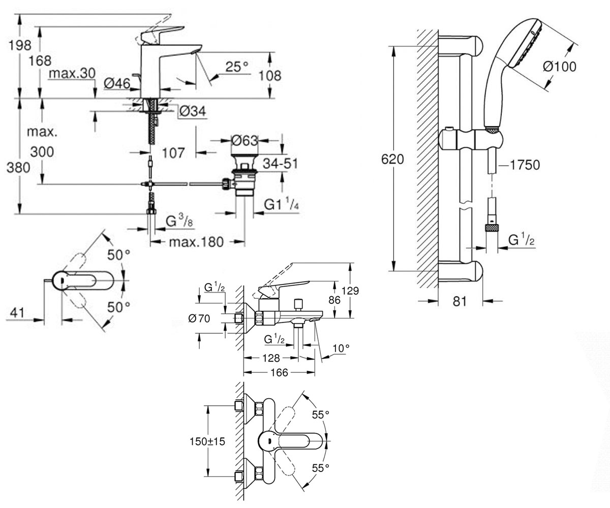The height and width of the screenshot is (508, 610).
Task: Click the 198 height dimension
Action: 19,45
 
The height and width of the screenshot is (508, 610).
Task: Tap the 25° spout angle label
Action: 236,67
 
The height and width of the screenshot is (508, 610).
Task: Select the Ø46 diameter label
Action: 117,84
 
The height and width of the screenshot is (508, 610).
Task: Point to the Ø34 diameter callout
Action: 193,111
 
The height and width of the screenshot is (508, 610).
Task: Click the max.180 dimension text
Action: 196,242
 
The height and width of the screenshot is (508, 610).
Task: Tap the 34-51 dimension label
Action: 280,164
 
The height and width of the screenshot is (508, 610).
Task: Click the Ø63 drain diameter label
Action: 245,141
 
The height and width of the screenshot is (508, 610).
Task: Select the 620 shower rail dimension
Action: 392,159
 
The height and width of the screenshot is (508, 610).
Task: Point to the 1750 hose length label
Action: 525,165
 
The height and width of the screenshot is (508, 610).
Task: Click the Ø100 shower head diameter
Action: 560,67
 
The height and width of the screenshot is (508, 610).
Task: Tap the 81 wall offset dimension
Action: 460,301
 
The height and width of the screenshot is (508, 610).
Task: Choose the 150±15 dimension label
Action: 207,441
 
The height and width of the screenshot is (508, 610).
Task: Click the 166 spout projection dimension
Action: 279,372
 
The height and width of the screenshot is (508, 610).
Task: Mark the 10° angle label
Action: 341,348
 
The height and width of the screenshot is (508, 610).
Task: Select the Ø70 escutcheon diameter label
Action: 199,318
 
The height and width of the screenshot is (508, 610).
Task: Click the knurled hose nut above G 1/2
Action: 492,227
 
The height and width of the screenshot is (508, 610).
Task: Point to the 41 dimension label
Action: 17,313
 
